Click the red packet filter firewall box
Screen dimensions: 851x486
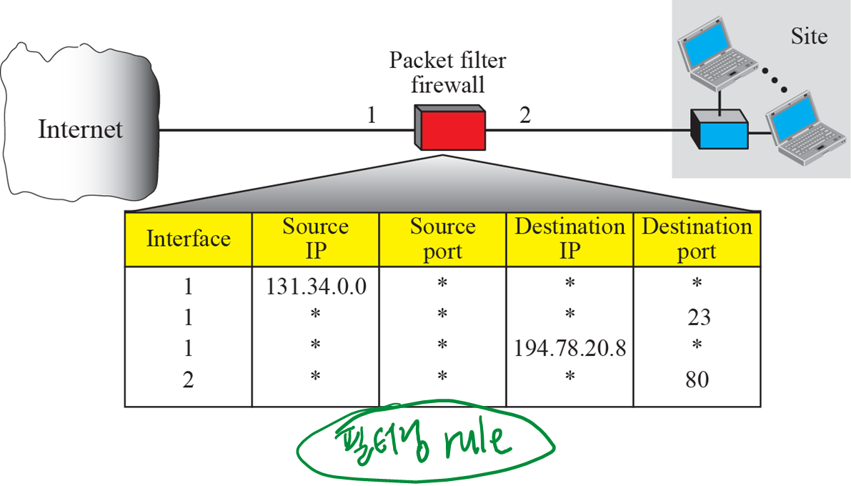[450, 129]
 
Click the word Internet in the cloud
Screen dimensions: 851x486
[80, 129]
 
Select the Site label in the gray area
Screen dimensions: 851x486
[809, 36]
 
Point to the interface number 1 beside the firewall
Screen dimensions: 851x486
[371, 116]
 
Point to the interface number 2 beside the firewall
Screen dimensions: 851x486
[525, 116]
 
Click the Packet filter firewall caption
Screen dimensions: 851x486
[447, 72]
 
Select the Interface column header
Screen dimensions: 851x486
[189, 239]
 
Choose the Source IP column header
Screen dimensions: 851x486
[315, 239]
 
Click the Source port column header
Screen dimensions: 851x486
[442, 239]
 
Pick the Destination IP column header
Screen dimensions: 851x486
[569, 239]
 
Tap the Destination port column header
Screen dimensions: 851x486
[697, 239]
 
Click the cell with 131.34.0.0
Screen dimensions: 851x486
[316, 286]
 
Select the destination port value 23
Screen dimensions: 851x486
[697, 317]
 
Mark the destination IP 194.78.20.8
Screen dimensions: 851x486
[569, 348]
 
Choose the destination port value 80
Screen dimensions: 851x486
[697, 379]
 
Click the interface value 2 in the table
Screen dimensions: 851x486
[189, 379]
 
